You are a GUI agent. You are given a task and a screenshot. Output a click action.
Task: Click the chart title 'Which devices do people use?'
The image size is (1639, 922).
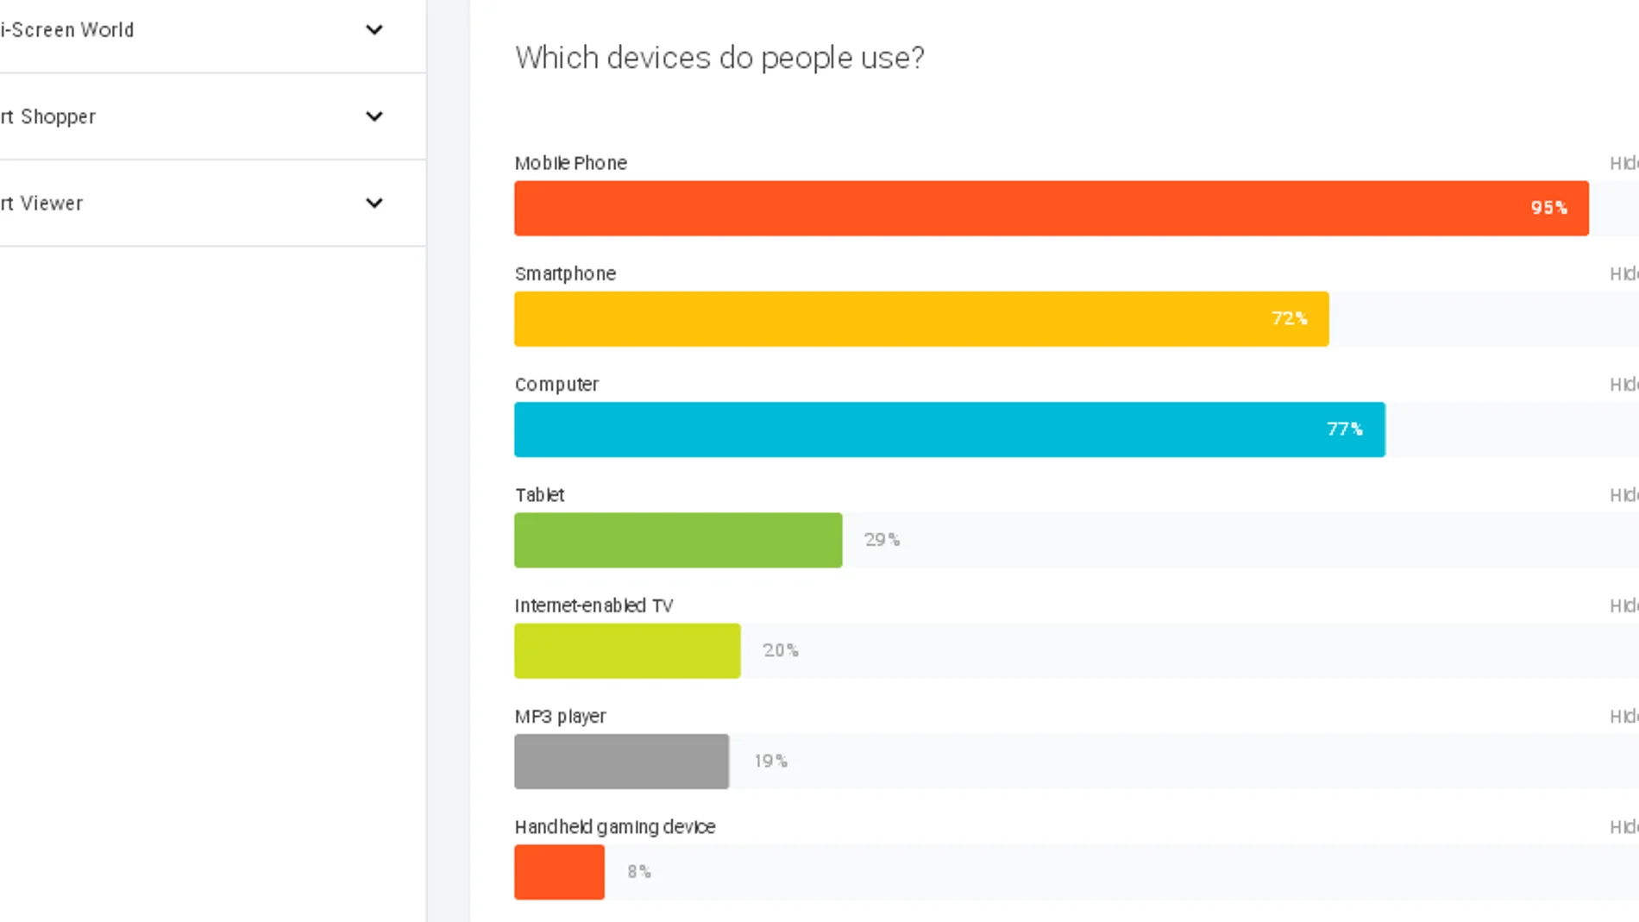tap(719, 58)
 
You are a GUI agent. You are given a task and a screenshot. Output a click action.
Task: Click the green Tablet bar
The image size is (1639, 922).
tap(678, 540)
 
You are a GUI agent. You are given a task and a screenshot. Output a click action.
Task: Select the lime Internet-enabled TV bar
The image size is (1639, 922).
tap(627, 650)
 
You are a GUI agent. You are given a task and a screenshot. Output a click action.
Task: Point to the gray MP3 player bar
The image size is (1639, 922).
tap(621, 761)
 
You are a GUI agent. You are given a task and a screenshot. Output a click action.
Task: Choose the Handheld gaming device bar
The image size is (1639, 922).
tap(559, 872)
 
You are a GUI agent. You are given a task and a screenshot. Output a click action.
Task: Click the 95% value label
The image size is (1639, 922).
tap(1548, 208)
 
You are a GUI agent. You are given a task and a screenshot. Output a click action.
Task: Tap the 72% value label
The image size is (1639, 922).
tap(1289, 319)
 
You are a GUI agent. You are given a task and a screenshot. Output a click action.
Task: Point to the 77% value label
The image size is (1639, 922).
tap(1344, 430)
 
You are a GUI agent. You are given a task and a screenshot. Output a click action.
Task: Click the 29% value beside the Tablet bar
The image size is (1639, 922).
tap(882, 540)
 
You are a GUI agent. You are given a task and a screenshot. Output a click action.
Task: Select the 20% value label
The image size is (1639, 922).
tap(780, 650)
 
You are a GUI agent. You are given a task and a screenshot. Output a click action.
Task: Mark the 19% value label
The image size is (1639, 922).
tap(770, 761)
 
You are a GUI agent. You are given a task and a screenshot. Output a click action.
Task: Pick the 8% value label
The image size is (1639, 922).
tap(638, 872)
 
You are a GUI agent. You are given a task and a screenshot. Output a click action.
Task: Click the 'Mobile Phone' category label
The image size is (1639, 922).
tap(570, 163)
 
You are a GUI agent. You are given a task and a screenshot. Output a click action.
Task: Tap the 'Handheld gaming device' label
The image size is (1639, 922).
tap(615, 827)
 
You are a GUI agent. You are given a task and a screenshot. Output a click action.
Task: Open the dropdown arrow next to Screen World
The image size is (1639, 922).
tap(374, 30)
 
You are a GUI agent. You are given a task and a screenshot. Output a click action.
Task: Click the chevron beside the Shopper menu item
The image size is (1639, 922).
tap(374, 116)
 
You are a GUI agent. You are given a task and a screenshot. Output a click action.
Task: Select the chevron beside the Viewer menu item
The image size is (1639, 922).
tap(374, 204)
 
